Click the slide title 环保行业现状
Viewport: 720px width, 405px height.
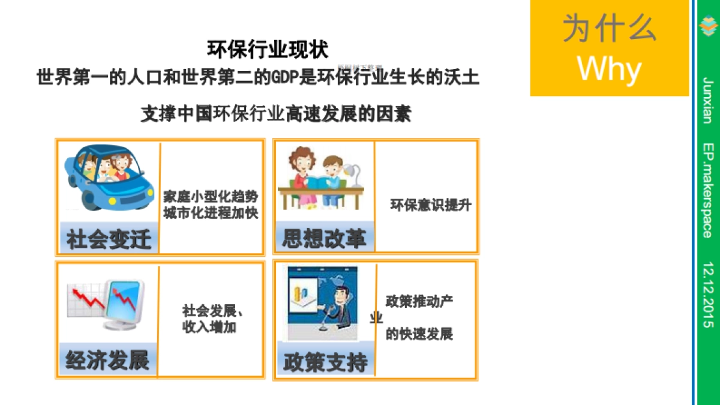pyautogui.click(x=268, y=49)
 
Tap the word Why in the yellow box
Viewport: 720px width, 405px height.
pyautogui.click(x=610, y=69)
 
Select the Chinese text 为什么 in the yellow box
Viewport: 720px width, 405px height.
pyautogui.click(x=610, y=28)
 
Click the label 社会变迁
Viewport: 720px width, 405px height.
pyautogui.click(x=109, y=239)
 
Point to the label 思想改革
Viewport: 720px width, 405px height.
pyautogui.click(x=324, y=239)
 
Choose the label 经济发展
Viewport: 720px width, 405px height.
pyautogui.click(x=107, y=361)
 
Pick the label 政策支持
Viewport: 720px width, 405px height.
pyautogui.click(x=325, y=362)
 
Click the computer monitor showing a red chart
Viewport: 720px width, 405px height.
pyautogui.click(x=124, y=302)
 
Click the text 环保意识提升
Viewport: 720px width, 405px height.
pyautogui.click(x=431, y=205)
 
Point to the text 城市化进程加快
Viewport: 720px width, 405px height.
pyautogui.click(x=211, y=212)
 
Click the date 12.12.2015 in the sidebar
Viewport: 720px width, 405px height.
pyautogui.click(x=709, y=294)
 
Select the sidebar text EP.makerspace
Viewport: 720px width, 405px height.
pyautogui.click(x=709, y=190)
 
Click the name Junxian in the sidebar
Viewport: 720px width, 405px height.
pyautogui.click(x=709, y=100)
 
